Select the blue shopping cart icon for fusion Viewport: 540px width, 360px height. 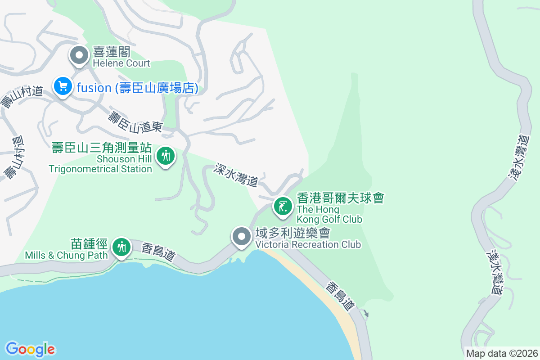coord(63,86)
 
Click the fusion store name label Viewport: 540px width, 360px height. coord(137,88)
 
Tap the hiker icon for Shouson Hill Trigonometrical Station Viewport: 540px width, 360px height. coord(166,156)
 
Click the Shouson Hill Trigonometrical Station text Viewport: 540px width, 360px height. coord(101,158)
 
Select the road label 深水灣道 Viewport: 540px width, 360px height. coord(236,175)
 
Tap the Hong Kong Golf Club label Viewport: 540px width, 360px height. coord(340,208)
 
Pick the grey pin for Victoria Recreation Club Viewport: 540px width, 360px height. coord(242,236)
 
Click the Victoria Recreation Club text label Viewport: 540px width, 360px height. coord(308,238)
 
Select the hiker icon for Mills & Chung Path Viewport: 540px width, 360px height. coord(121,247)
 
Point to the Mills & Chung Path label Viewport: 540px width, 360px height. coord(67,250)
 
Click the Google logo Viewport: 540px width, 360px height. coord(30,349)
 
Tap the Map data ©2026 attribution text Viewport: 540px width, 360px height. coord(502,353)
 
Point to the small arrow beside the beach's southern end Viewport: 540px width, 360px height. coord(366,313)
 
